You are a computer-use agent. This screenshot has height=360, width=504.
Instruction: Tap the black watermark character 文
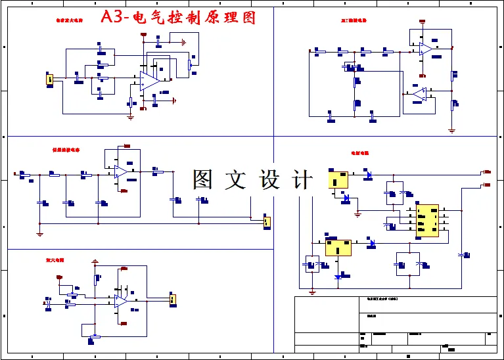[x=236, y=180]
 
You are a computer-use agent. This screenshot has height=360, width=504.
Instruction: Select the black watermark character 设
[x=270, y=180]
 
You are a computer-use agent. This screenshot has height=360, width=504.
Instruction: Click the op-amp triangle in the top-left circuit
[x=149, y=81]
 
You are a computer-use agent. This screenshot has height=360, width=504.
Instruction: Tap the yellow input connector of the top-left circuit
[x=49, y=79]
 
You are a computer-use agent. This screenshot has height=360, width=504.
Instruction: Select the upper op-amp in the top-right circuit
[x=425, y=49]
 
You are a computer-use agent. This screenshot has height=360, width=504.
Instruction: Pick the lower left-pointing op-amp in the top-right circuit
[x=420, y=94]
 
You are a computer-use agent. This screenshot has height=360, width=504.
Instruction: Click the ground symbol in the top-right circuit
[x=451, y=130]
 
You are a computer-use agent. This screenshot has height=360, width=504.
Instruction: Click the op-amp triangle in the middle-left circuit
[x=120, y=171]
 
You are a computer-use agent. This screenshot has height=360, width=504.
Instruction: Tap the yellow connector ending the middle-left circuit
[x=267, y=222]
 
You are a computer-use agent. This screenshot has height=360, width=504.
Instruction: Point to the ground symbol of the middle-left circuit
[x=40, y=233]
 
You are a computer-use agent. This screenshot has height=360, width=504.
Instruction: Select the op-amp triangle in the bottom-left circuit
[x=121, y=300]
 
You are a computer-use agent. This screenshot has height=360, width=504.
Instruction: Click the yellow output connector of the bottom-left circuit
[x=173, y=300]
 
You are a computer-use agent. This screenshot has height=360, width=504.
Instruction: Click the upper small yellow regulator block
[x=339, y=179]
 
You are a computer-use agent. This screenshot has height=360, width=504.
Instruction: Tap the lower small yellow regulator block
[x=338, y=247]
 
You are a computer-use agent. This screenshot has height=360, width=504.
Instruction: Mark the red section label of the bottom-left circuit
[x=55, y=260]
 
